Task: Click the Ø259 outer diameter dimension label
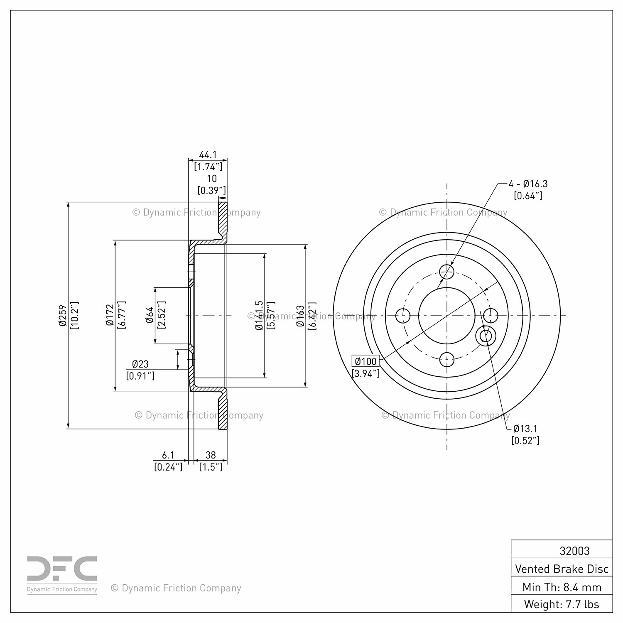[63, 316]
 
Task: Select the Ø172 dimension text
[110, 316]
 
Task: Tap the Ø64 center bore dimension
[150, 316]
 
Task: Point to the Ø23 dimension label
[140, 364]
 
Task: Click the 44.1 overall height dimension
[208, 155]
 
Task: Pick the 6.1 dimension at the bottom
[168, 455]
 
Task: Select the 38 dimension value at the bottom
[211, 455]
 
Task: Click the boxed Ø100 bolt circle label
[365, 361]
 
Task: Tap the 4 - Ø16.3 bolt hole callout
[528, 184]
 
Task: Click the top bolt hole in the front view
[447, 272]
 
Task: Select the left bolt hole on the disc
[403, 316]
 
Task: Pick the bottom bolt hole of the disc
[447, 359]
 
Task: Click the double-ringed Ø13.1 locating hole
[486, 336]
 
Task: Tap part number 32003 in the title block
[574, 551]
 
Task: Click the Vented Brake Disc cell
[562, 569]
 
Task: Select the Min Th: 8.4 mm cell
[562, 587]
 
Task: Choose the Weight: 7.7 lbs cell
[562, 604]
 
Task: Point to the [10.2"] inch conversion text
[75, 316]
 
